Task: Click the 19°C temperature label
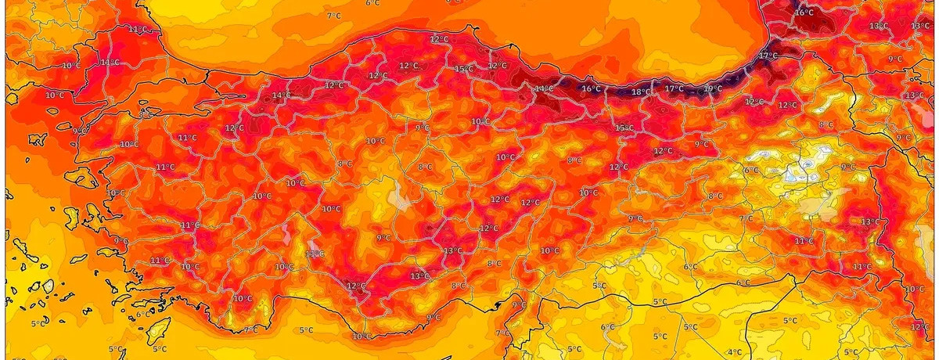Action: pyautogui.click(x=713, y=89)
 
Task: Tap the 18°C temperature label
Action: pyautogui.click(x=641, y=92)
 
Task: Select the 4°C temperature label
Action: pyautogui.click(x=735, y=352)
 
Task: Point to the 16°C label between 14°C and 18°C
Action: pyautogui.click(x=591, y=89)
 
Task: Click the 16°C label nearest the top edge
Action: pyautogui.click(x=804, y=13)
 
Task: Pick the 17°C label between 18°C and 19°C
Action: pyautogui.click(x=674, y=89)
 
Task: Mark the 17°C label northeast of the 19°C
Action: pyautogui.click(x=768, y=56)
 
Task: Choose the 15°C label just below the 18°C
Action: pyautogui.click(x=624, y=128)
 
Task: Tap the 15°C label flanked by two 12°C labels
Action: pyautogui.click(x=465, y=70)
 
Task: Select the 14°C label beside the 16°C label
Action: pyautogui.click(x=544, y=89)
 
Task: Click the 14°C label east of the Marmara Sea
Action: pyautogui.click(x=280, y=96)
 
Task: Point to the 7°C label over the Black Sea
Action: pyautogui.click(x=333, y=16)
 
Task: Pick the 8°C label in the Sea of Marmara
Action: pyautogui.click(x=146, y=115)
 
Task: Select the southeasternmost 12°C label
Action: pyautogui.click(x=920, y=326)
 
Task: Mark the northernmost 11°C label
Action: pyautogui.click(x=138, y=30)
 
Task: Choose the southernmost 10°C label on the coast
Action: pyautogui.click(x=362, y=337)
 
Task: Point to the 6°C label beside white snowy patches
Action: pyautogui.click(x=751, y=171)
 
